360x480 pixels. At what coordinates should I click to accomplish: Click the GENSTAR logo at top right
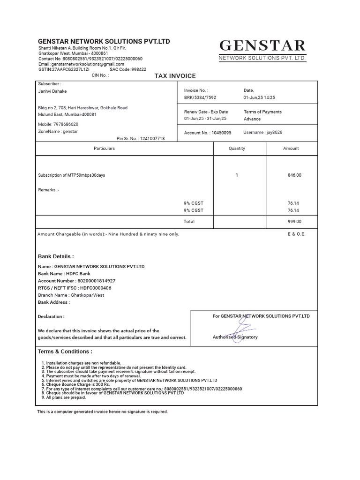pyautogui.click(x=262, y=50)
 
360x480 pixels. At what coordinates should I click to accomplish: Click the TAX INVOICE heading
pyautogui.click(x=175, y=76)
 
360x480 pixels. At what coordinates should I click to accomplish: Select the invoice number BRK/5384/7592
pyautogui.click(x=200, y=97)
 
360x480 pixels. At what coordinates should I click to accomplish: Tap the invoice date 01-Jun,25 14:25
pyautogui.click(x=259, y=97)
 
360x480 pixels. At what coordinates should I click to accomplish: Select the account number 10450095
pyautogui.click(x=221, y=133)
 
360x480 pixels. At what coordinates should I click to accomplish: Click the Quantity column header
pyautogui.click(x=237, y=149)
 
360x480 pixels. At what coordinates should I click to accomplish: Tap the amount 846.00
pyautogui.click(x=294, y=175)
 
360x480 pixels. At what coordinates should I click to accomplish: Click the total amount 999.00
pyautogui.click(x=294, y=222)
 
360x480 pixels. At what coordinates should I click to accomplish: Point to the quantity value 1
pyautogui.click(x=237, y=175)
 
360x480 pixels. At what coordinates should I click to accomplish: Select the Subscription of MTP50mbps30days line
pyautogui.click(x=71, y=175)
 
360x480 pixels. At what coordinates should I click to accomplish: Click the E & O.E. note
pyautogui.click(x=296, y=234)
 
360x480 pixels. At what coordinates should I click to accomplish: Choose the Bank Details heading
pyautogui.click(x=56, y=256)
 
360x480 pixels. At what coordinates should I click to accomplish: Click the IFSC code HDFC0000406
pyautogui.click(x=96, y=288)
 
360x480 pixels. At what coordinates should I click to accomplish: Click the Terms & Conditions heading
pyautogui.click(x=65, y=352)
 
